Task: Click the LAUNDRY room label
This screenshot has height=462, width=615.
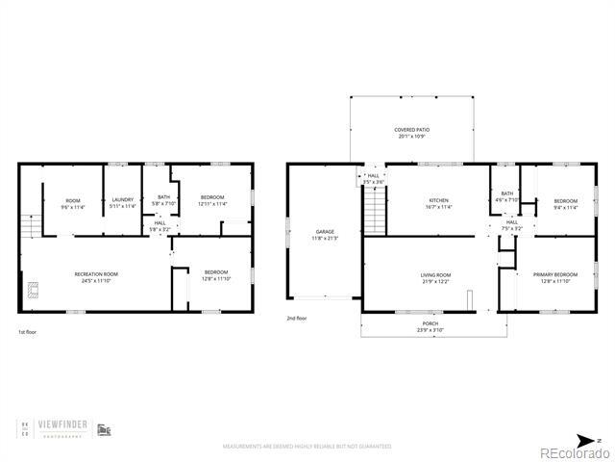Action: coord(122,199)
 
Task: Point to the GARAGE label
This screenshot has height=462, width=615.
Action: coord(325,231)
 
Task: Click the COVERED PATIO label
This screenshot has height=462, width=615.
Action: coord(411,130)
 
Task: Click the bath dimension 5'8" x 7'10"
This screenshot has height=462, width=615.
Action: coord(163,204)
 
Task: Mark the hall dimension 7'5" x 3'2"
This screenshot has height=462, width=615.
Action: coord(512,229)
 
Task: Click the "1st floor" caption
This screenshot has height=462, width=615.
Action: coord(28,332)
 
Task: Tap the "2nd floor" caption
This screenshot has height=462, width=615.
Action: coord(296,318)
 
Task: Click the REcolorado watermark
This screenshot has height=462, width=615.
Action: coord(572,452)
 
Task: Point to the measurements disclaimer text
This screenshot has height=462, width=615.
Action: coord(307,447)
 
